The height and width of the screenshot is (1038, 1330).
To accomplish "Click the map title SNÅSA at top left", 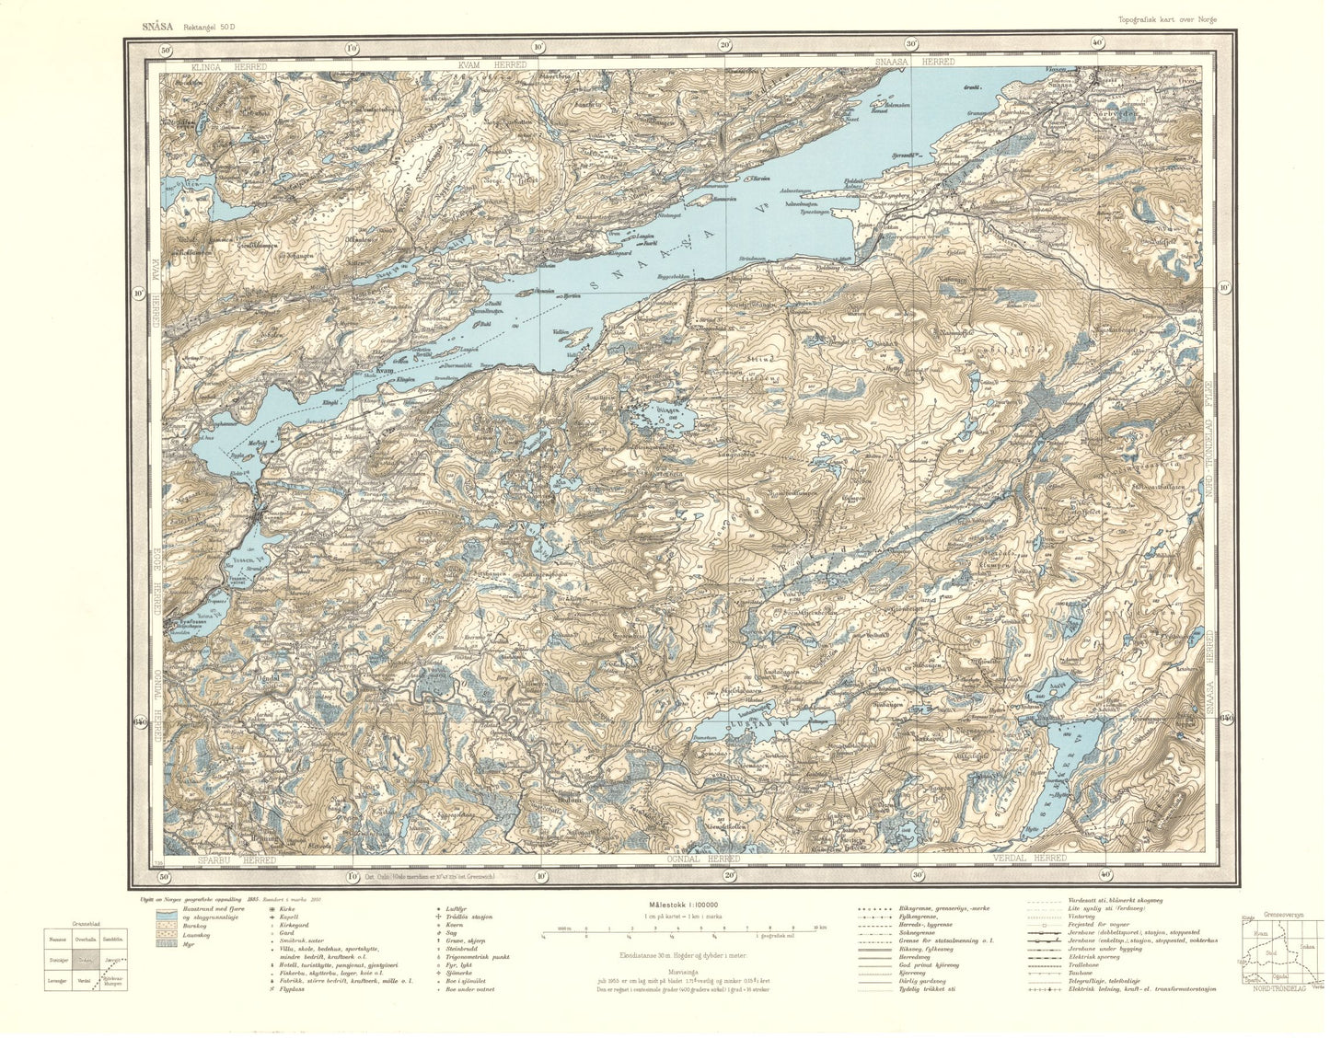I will click(x=157, y=27).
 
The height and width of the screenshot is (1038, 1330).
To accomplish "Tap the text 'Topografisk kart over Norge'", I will click(x=1169, y=18).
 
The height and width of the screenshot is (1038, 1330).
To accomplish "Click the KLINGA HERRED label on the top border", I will click(x=228, y=67).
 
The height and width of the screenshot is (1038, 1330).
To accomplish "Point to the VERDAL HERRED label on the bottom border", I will click(x=1029, y=858).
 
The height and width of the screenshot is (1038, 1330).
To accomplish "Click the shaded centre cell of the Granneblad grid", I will click(x=86, y=960).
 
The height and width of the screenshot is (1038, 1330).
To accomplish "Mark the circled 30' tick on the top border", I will click(x=911, y=43).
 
